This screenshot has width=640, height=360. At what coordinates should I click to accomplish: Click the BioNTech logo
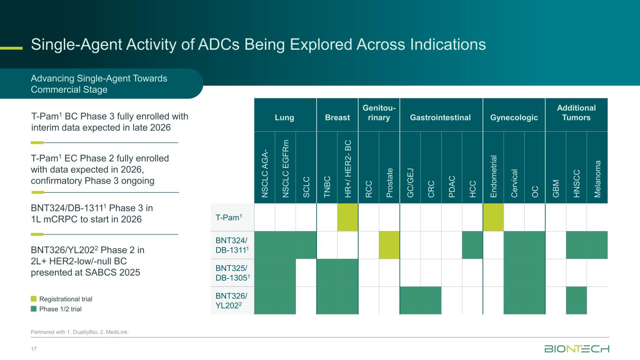[576, 349]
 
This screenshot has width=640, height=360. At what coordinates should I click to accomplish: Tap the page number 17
[34, 349]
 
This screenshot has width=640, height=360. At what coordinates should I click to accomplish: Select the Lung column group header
[285, 117]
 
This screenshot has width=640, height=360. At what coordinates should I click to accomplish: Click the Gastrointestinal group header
[441, 117]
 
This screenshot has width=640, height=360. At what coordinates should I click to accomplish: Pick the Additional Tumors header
[576, 112]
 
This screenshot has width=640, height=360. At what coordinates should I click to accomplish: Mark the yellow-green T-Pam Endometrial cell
[493, 217]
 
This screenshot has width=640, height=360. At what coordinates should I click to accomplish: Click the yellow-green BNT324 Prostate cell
[389, 245]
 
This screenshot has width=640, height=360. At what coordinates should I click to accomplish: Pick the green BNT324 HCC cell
[473, 245]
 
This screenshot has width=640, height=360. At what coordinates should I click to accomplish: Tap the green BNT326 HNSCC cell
[577, 300]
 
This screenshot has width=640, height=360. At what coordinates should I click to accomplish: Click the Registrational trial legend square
[34, 299]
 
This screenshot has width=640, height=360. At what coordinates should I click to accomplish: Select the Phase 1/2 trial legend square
[34, 309]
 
